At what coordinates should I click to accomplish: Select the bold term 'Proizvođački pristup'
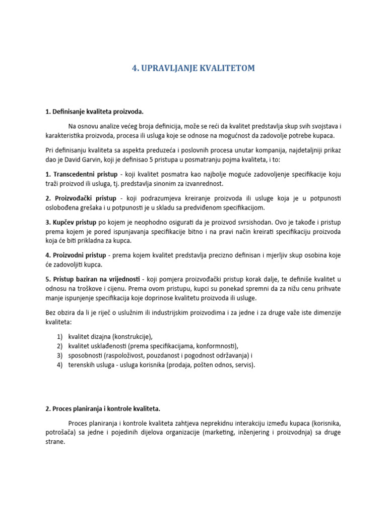coord(81,197)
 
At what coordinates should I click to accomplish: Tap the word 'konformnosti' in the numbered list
coord(218,346)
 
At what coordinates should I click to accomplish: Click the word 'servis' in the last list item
coord(243,365)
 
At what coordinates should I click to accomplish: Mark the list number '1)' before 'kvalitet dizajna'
coord(59,336)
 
